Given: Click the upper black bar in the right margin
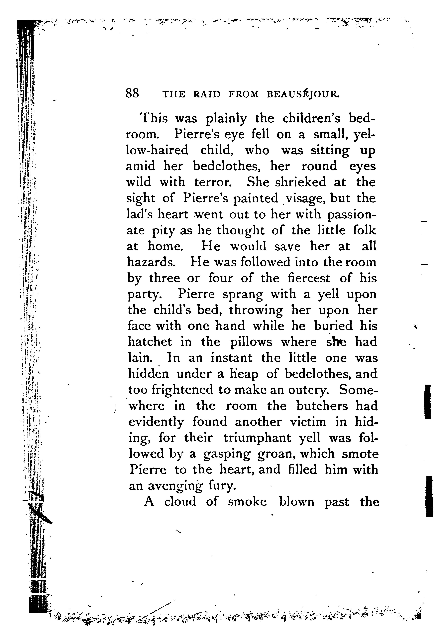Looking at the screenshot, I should pyautogui.click(x=427, y=402).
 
